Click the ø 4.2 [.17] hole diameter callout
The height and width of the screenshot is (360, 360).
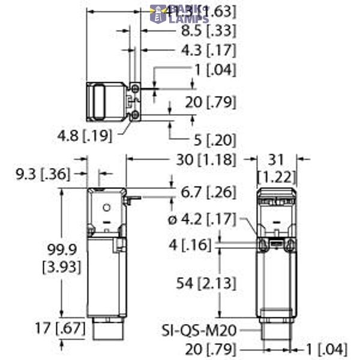tap(204, 220)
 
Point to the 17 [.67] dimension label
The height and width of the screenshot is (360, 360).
tap(35, 329)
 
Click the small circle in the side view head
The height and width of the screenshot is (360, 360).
tap(107, 208)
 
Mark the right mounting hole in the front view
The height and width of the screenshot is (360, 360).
tap(290, 244)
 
